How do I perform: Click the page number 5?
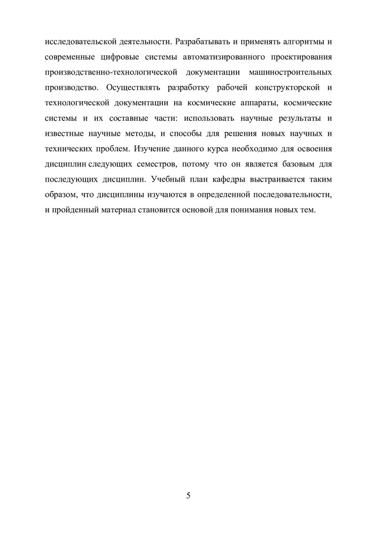pyautogui.click(x=188, y=496)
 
